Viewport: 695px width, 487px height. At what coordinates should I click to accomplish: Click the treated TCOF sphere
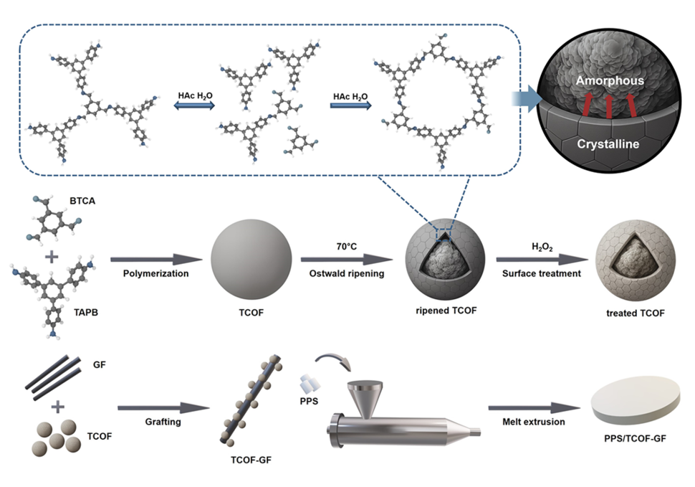point(635,260)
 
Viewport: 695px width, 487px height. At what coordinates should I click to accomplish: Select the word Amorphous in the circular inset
point(608,80)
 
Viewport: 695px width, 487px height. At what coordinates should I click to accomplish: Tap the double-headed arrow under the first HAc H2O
point(196,105)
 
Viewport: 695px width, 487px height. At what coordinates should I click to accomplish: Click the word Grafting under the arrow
point(162,422)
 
